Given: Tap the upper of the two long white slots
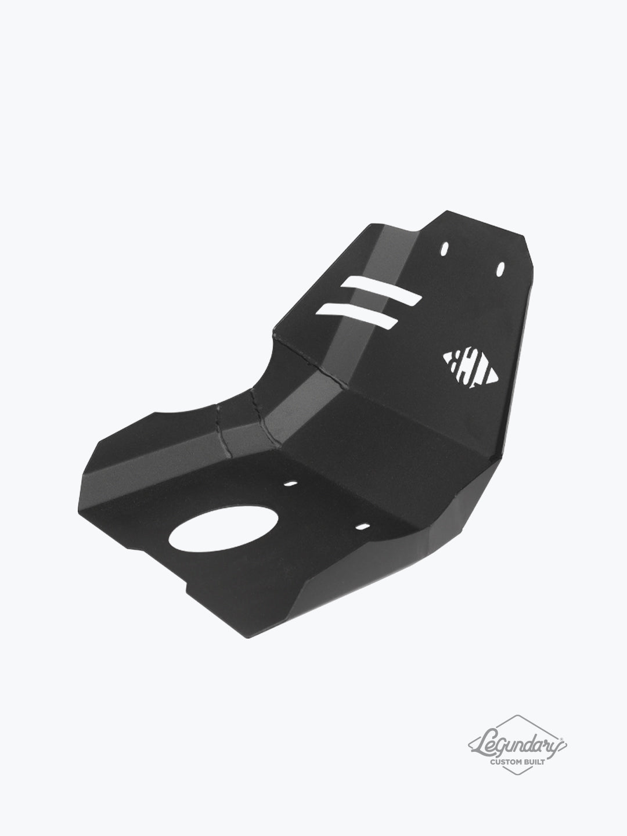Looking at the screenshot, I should [380, 291].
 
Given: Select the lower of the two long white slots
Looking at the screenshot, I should [356, 315].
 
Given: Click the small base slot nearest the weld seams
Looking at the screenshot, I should [290, 484].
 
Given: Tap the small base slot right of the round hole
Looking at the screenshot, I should [362, 511].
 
